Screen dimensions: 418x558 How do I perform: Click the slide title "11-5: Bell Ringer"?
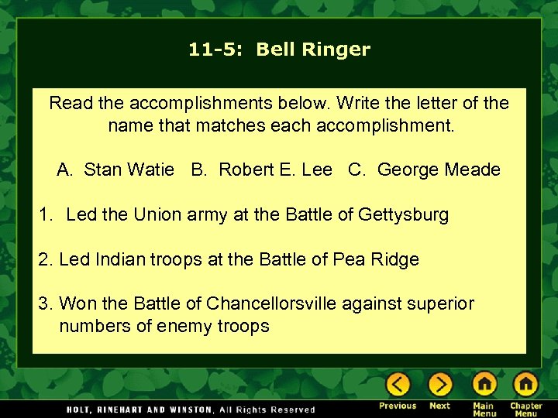(x=279, y=50)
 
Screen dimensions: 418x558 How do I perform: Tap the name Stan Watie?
(x=129, y=170)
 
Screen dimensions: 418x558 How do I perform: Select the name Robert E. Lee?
(x=275, y=170)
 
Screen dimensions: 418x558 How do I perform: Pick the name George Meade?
(x=439, y=170)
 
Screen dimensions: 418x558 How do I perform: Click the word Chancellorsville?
(x=271, y=304)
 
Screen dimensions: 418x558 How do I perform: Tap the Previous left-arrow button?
(x=398, y=384)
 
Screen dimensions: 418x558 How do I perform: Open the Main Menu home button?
(x=484, y=384)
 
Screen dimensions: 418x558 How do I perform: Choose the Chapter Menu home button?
(x=525, y=384)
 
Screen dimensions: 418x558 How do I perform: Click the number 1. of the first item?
(x=46, y=215)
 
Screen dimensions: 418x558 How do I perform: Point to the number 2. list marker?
(x=46, y=260)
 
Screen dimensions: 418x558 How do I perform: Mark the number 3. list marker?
(x=46, y=304)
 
